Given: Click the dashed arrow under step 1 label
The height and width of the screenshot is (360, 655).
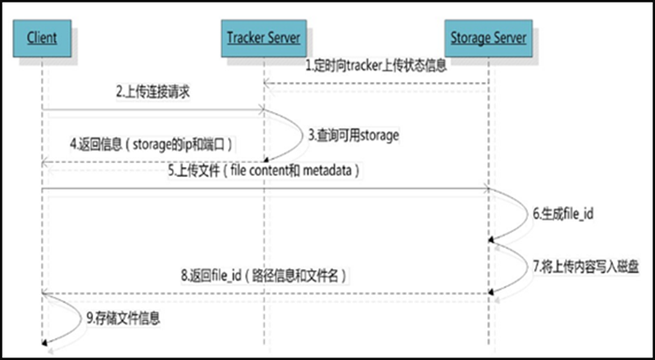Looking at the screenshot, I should tap(376, 82).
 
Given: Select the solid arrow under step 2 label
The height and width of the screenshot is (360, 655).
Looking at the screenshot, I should tap(152, 108).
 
